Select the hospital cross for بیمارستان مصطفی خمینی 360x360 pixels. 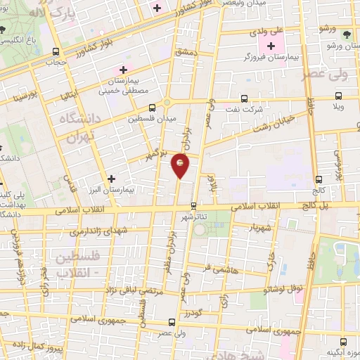tap(124, 69)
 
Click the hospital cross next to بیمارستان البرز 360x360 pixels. tap(111, 179)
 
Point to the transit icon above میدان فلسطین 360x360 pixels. tap(153, 108)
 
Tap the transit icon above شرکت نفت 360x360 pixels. tap(244, 98)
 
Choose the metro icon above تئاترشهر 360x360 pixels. tap(194, 205)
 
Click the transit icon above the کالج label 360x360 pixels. tap(320, 179)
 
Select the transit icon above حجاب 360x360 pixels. tap(56, 51)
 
